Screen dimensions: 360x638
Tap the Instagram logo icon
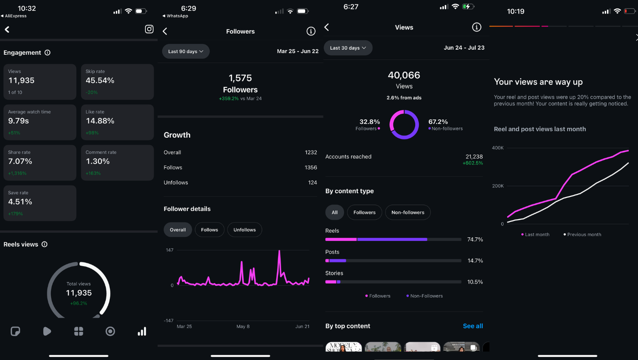149,29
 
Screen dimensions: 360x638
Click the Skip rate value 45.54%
100,81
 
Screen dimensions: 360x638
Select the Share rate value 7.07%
20,161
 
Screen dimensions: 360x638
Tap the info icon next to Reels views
44,244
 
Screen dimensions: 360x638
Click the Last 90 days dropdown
185,51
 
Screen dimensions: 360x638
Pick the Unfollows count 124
312,183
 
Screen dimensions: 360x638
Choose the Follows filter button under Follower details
210,230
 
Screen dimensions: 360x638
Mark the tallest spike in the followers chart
279,252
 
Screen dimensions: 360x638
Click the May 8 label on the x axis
243,327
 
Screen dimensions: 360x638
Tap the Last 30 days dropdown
348,48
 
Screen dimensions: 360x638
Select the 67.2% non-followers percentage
438,122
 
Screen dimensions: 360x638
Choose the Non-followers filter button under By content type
407,212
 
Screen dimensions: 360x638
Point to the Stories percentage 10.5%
475,282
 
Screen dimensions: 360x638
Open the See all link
473,326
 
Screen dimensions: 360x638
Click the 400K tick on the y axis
498,148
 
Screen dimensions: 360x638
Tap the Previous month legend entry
584,235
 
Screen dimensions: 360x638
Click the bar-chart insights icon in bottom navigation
142,331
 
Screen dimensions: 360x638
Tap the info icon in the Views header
476,27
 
